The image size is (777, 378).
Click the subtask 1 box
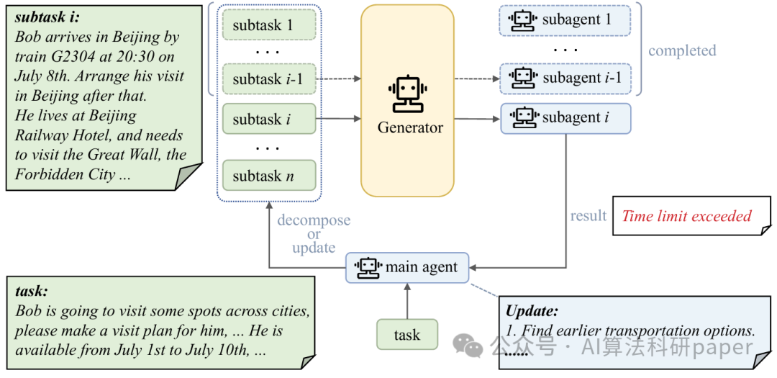pos(269,24)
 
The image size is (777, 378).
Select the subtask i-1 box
pos(269,78)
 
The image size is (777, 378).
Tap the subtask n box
pos(269,175)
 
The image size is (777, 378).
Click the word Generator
pos(410,127)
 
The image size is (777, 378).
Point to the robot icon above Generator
pos(408,94)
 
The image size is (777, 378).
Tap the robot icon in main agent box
pos(368,267)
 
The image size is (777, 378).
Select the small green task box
pos(406,334)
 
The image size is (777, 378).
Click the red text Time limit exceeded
pos(687,216)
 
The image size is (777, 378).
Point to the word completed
pos(682,50)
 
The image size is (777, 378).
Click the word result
pos(589,216)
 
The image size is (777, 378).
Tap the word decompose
pos(314,221)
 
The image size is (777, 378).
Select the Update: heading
pos(532,311)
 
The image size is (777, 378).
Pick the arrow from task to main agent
pos(406,301)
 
